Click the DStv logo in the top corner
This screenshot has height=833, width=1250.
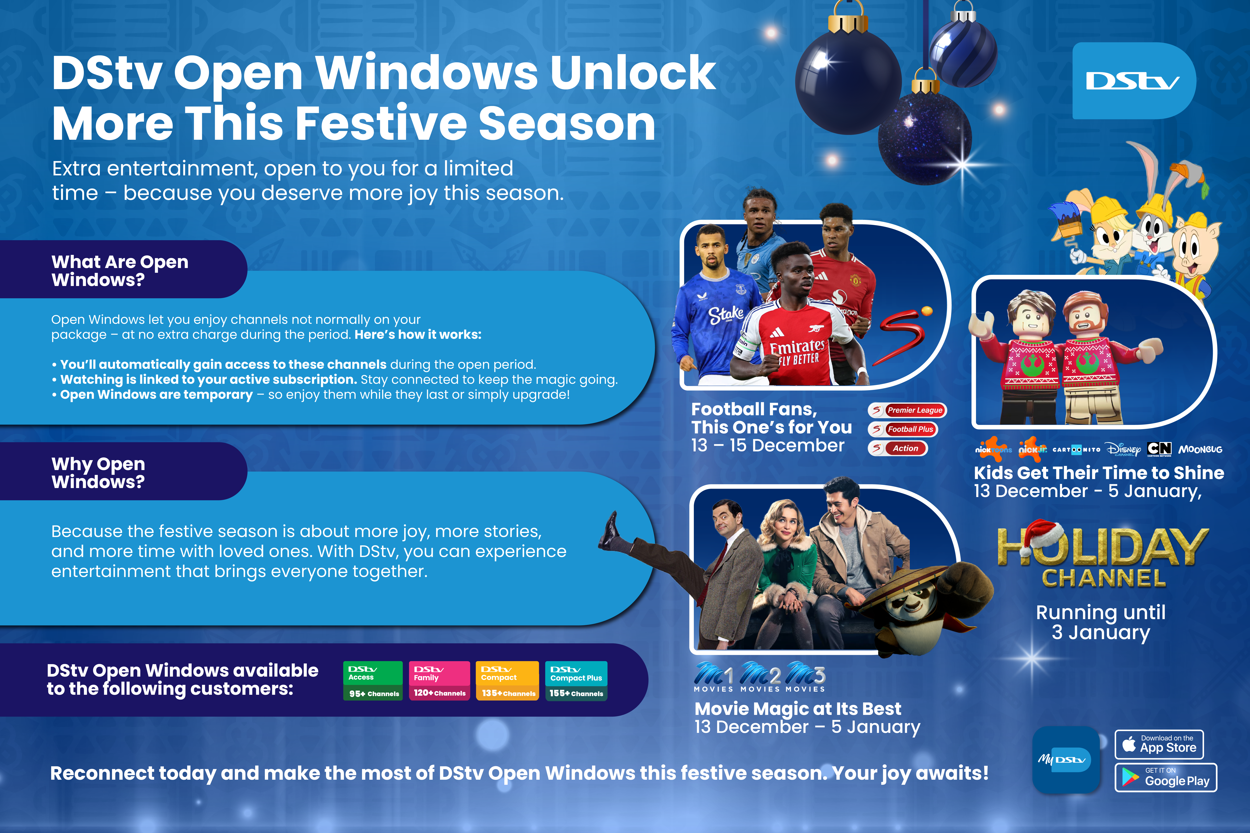1134,81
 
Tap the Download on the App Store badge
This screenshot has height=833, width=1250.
1159,744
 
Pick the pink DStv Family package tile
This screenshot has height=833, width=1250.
439,681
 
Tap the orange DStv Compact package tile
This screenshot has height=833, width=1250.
507,681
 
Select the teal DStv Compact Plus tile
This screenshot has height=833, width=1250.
576,681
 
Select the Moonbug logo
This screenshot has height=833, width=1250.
1200,449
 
